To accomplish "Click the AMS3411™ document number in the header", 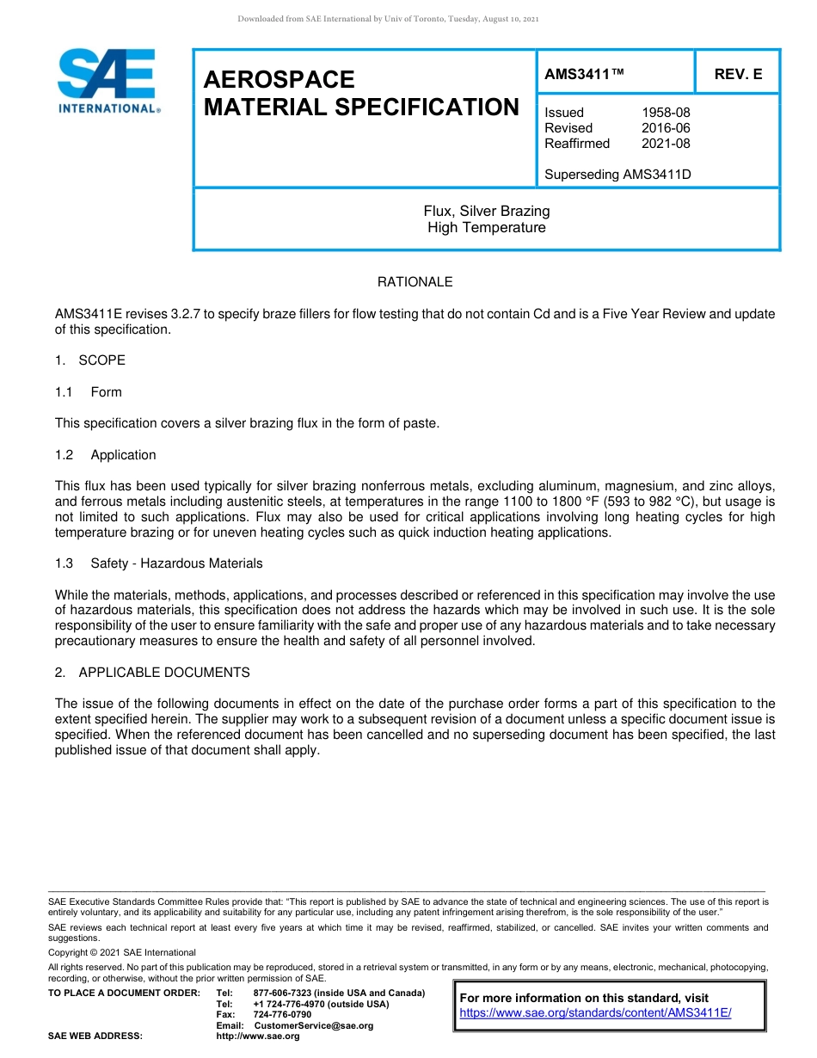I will tap(584, 75).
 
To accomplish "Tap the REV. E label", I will tap(738, 75).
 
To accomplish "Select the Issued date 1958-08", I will tap(666, 113).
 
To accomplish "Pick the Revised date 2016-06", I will tap(666, 128).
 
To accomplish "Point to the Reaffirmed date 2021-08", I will tap(666, 144).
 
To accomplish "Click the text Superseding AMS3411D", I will tap(617, 175).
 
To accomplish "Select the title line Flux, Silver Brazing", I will tap(486, 212).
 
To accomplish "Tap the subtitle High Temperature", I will tap(486, 228).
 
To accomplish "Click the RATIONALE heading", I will tap(415, 282).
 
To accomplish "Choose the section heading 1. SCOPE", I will tap(90, 360).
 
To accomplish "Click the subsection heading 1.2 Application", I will tap(106, 455).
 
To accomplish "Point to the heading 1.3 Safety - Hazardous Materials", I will tap(159, 563).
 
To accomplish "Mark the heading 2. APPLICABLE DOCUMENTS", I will tap(152, 673).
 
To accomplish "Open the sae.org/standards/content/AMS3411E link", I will tap(595, 1013).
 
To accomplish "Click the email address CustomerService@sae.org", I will tap(314, 1025).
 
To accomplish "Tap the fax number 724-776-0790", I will tap(282, 1015).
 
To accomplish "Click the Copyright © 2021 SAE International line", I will tap(122, 953).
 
